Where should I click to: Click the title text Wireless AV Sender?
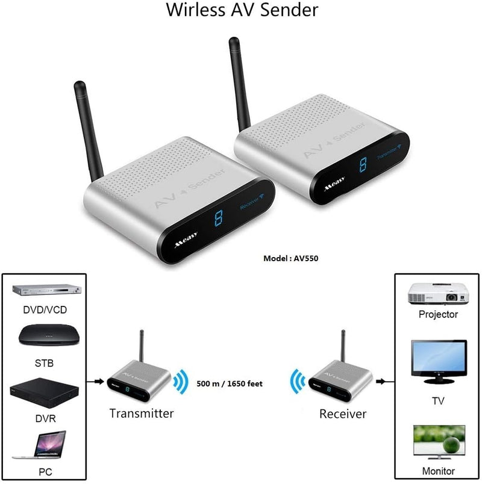point(242,10)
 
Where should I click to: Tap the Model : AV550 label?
point(291,258)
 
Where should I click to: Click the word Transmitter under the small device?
point(141,414)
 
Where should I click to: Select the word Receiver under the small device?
point(342,414)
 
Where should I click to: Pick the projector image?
point(438,294)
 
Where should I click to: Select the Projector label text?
point(438,314)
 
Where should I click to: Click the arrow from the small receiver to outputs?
point(381,381)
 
